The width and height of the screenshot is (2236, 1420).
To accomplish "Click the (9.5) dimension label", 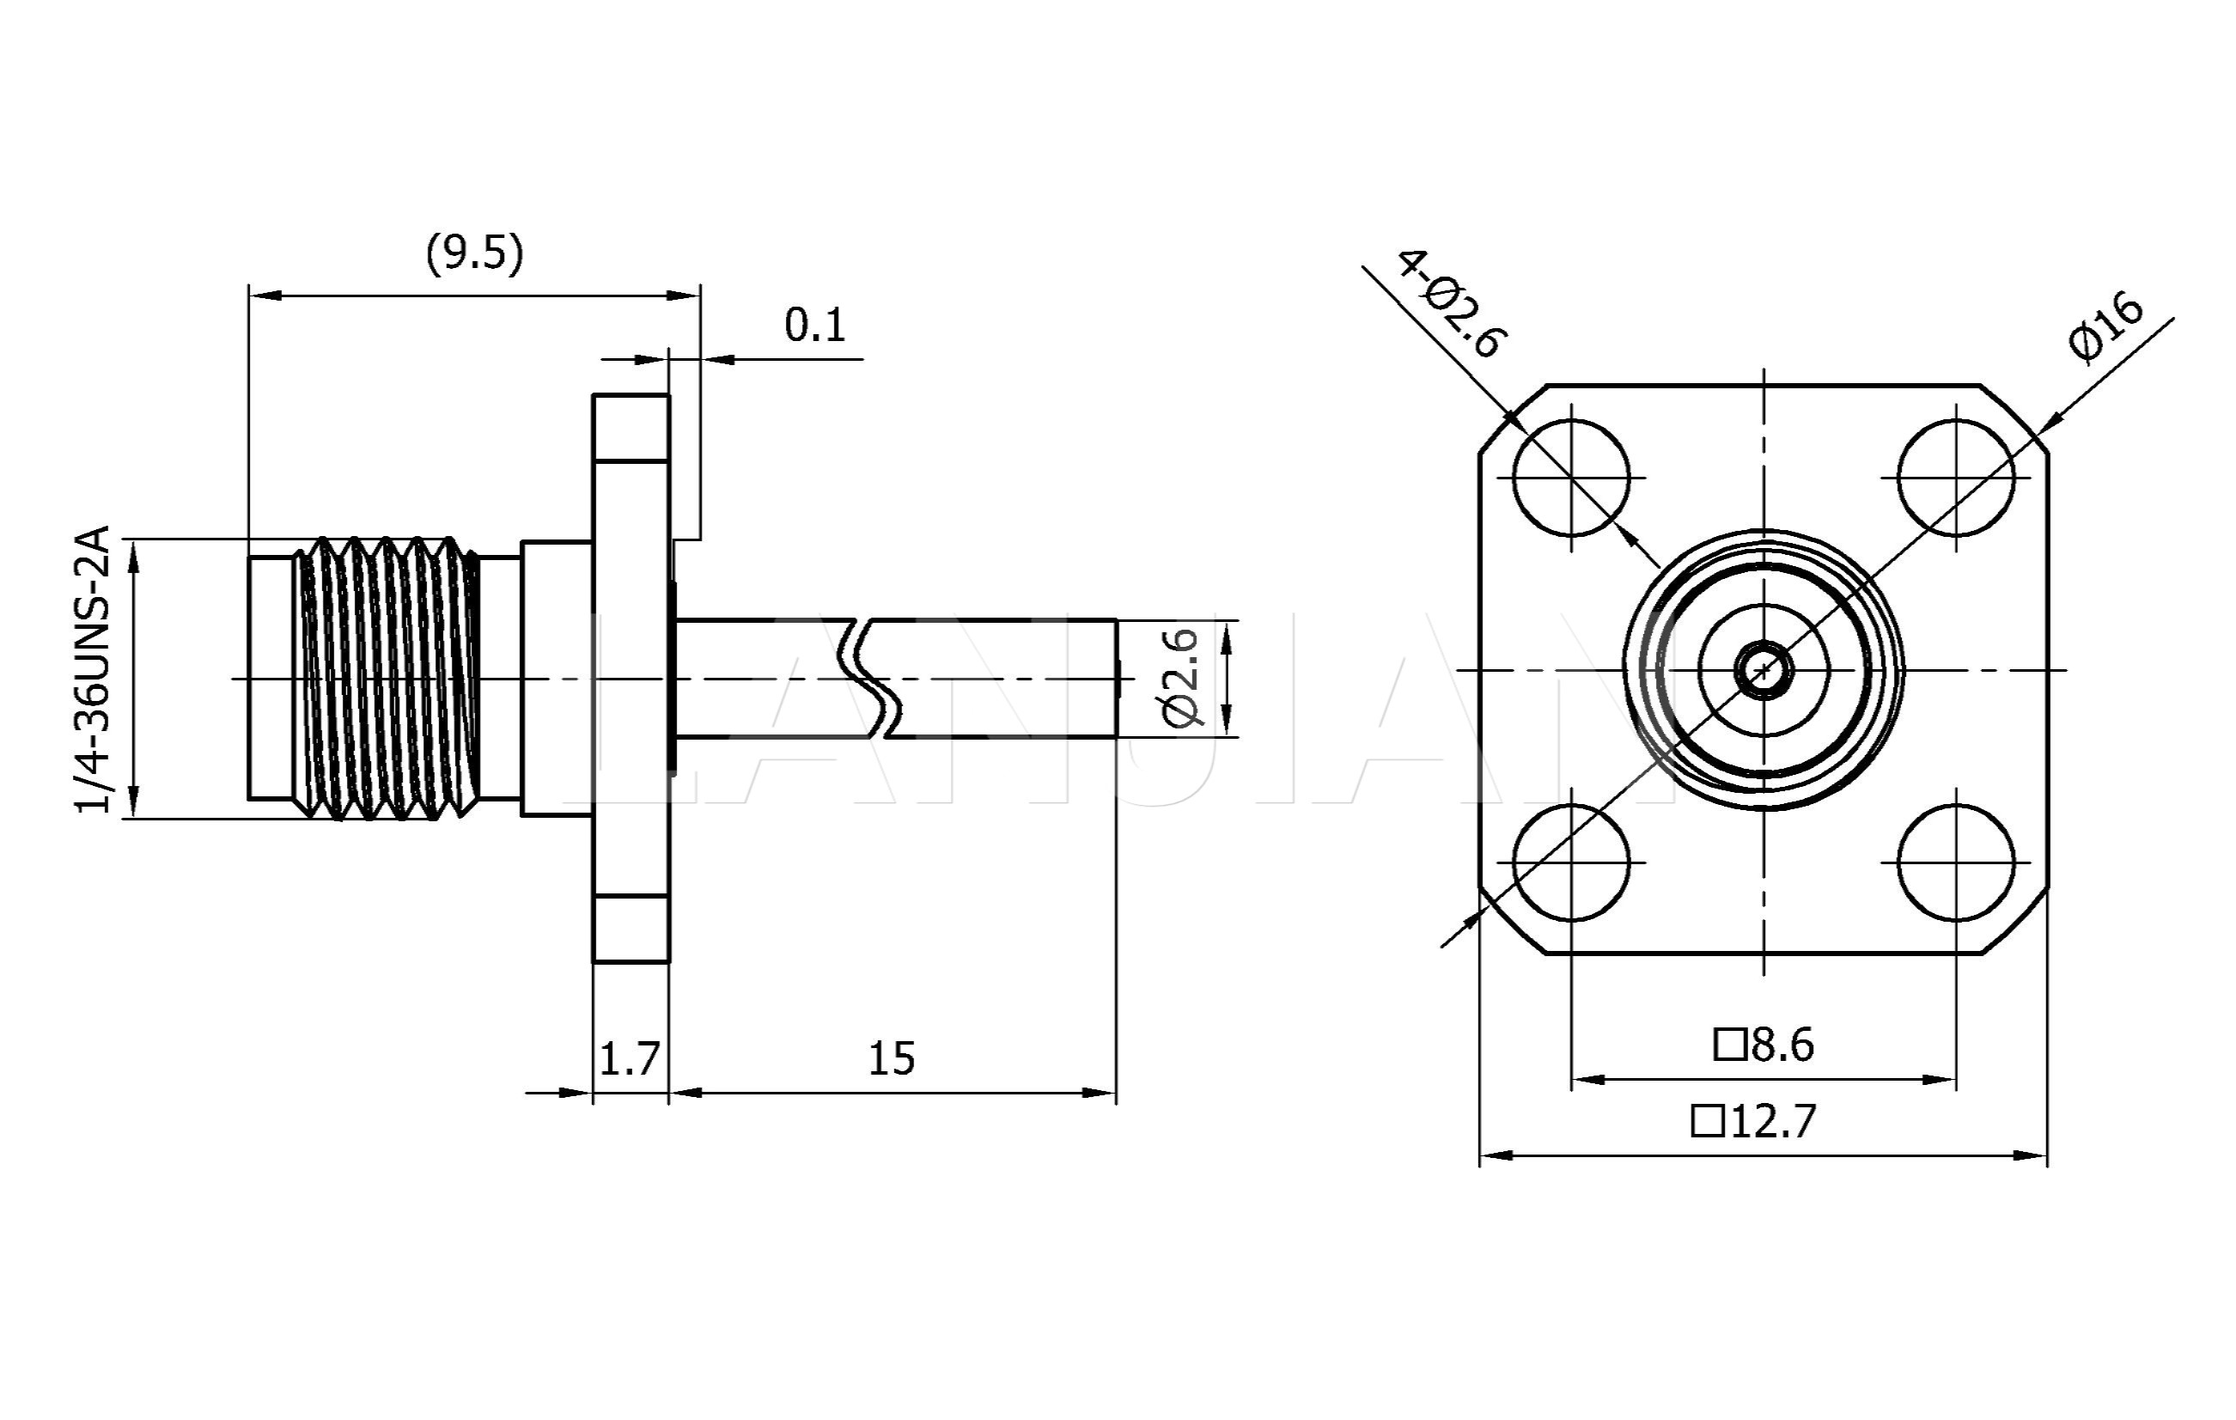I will pos(474,253).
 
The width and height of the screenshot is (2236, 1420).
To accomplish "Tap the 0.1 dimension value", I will pos(814,325).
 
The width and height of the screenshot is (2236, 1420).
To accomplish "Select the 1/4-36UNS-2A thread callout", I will pos(94,669).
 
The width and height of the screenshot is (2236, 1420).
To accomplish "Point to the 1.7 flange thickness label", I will pos(630,1057).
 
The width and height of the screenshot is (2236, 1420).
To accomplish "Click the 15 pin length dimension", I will pos(892,1057).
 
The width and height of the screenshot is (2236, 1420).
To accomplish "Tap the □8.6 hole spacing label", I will pos(1764,1045).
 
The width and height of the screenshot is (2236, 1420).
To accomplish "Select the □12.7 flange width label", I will pos(1753,1121).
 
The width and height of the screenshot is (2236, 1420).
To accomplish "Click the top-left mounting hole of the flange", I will pos(1571,478).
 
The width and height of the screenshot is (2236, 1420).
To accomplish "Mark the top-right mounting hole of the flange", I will pos(1957,478).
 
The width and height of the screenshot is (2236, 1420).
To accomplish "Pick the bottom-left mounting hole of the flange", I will pos(1571,862).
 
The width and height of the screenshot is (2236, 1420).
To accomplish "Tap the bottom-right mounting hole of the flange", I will pos(1957,862).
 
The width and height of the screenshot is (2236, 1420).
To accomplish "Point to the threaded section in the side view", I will pos(388,678).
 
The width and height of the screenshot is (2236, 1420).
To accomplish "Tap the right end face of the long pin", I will pos(1115,678).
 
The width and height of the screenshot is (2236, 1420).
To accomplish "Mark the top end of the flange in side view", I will pos(631,397).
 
